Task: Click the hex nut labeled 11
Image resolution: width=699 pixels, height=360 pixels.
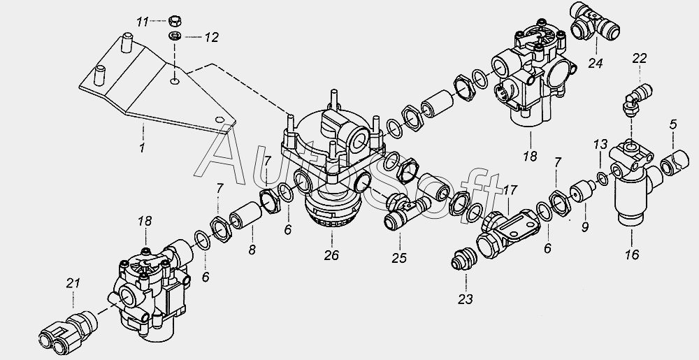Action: [175, 20]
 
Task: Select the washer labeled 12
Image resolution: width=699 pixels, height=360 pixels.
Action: [175, 36]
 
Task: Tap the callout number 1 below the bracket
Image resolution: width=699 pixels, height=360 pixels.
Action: [142, 147]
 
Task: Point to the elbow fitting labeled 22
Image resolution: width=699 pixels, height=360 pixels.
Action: [637, 99]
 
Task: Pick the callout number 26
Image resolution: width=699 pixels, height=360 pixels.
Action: [331, 255]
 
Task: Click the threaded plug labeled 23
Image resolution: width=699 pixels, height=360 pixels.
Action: [463, 259]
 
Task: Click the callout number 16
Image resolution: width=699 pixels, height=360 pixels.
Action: [632, 254]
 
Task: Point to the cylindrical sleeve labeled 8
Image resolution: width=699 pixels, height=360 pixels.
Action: [245, 215]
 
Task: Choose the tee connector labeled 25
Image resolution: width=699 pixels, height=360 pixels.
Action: [407, 211]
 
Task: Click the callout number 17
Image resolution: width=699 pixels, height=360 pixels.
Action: [510, 190]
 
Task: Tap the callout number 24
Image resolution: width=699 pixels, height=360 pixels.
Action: [595, 63]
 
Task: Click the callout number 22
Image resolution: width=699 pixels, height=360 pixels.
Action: [640, 58]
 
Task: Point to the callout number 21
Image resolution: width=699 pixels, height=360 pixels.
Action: [73, 283]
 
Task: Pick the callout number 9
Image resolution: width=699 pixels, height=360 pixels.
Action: [584, 227]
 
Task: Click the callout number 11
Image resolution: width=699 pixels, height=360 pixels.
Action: [142, 22]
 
